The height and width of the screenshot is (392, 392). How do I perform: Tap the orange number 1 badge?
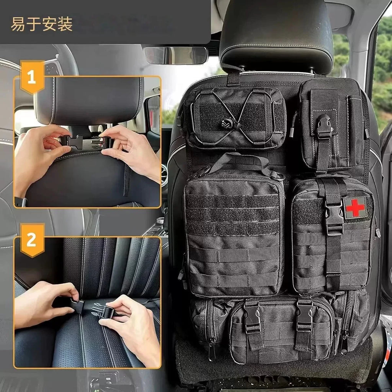coord(31,77)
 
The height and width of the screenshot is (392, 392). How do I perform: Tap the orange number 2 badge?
coord(31,240)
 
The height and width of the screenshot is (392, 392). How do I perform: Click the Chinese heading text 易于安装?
coord(41,24)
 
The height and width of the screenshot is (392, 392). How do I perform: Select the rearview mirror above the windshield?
coord(176,55)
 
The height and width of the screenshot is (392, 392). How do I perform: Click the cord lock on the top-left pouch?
coord(225,124)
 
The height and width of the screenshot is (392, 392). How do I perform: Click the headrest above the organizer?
coord(276,34)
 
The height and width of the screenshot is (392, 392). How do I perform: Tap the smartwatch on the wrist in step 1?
coord(21,202)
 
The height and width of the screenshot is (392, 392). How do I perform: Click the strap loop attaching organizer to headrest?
coord(233,75)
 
